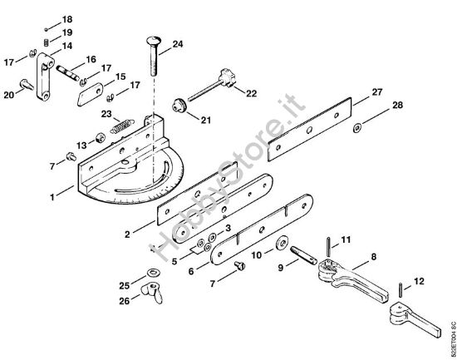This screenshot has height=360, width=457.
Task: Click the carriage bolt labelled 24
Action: (x=154, y=56)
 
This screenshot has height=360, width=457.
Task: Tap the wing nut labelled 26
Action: (x=151, y=293)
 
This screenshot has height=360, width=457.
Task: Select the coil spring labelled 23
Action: (x=122, y=127)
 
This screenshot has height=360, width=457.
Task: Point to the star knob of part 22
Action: (x=227, y=77)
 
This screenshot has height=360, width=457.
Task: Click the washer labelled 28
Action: (x=357, y=127)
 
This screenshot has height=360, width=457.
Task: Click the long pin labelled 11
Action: (x=328, y=247)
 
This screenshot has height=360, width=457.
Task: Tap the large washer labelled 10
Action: (x=282, y=242)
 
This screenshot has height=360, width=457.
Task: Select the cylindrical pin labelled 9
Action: (x=303, y=255)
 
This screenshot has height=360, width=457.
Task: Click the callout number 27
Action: (x=377, y=92)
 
